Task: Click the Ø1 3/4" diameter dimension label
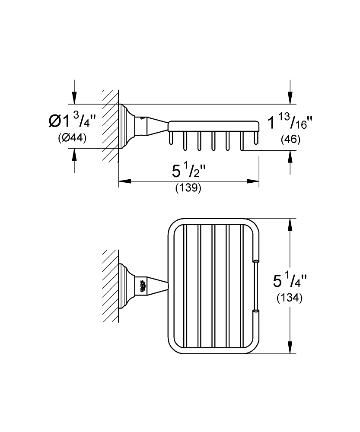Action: (73, 121)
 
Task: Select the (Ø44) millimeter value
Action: (72, 137)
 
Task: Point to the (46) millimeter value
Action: (290, 140)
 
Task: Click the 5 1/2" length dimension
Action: (188, 171)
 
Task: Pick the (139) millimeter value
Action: (188, 188)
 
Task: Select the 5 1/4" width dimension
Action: (290, 281)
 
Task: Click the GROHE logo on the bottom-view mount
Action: (143, 286)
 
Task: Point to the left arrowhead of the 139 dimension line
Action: (124, 181)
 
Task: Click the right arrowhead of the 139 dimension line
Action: (253, 181)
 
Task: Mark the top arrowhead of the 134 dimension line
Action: (290, 225)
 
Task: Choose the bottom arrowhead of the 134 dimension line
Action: (290, 347)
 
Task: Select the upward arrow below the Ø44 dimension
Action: (74, 155)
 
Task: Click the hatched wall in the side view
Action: (111, 125)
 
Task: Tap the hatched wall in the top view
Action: (111, 286)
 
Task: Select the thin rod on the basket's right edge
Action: (256, 286)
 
